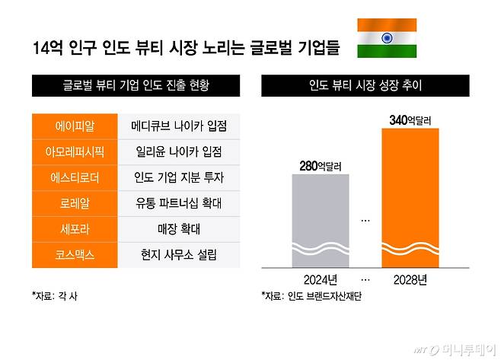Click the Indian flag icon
(387, 38)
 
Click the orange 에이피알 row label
(75, 125)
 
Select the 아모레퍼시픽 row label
(75, 151)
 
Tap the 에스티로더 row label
(75, 177)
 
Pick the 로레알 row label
(75, 203)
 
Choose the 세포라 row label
(75, 229)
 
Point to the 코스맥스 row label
(75, 255)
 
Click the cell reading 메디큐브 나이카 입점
(179, 125)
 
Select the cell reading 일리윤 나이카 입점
(179, 151)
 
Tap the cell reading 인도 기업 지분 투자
(179, 177)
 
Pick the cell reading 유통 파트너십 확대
(179, 203)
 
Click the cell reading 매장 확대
(179, 229)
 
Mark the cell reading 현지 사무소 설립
(179, 255)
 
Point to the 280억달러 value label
(321, 164)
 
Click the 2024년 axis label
(321, 279)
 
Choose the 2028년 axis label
(410, 279)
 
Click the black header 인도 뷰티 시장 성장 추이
(365, 87)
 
